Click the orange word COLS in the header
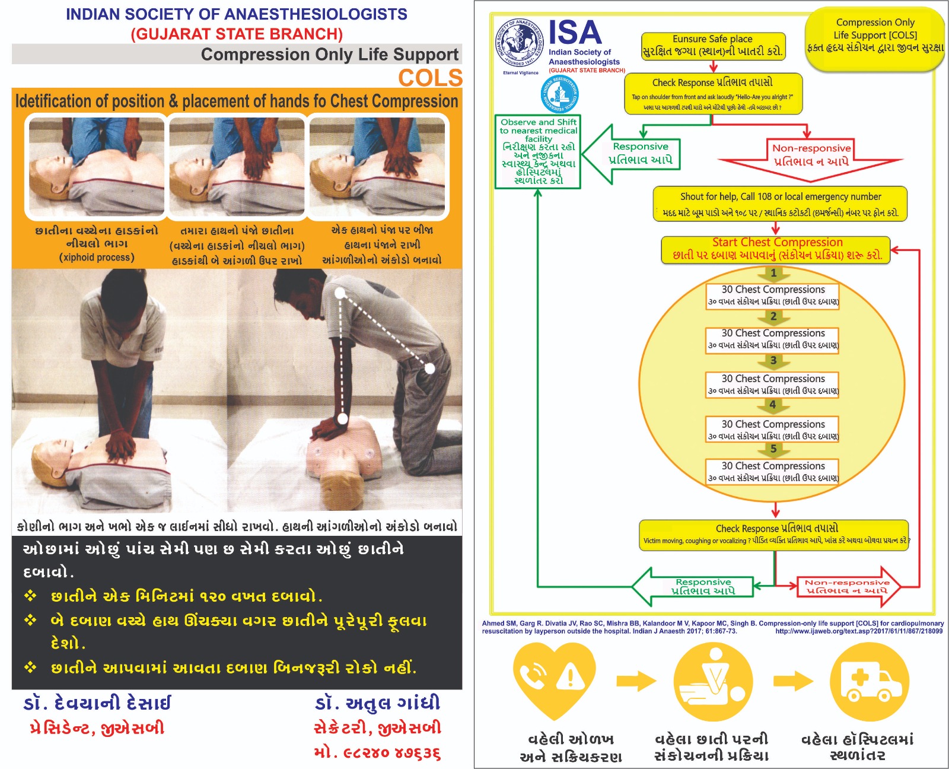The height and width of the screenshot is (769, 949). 430,78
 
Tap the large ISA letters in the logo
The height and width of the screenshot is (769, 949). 574,33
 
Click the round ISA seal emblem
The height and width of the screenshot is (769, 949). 520,43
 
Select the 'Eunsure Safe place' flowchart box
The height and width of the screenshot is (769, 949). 713,46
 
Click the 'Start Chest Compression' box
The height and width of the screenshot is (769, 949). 776,249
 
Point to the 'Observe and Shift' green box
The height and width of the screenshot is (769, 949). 538,151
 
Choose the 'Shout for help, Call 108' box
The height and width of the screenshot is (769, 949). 780,204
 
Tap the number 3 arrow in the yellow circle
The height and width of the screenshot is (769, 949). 773,361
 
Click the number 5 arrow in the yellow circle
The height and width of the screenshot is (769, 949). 773,450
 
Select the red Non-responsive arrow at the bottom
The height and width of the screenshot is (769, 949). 848,586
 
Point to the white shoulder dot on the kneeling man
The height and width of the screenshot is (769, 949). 340,293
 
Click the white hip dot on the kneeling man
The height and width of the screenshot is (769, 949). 430,368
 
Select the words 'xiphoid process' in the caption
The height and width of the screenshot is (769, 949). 97,258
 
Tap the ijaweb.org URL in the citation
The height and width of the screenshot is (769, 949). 858,631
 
